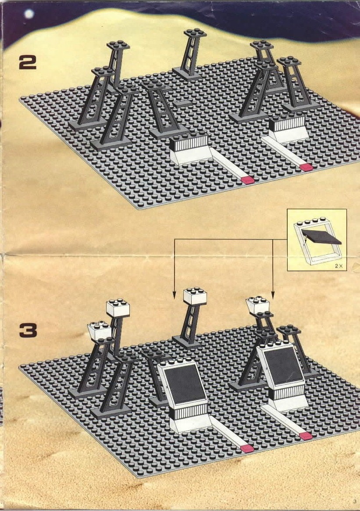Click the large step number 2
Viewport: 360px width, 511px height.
click(28, 62)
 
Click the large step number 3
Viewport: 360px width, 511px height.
click(28, 330)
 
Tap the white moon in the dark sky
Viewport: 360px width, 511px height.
click(29, 14)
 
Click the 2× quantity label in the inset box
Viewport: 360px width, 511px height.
click(339, 266)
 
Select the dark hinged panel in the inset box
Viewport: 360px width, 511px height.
click(321, 236)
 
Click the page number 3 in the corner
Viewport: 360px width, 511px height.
click(354, 501)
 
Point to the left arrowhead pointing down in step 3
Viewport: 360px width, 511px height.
click(174, 295)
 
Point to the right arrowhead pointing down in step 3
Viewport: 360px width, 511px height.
click(273, 295)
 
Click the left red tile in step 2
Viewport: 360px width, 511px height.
click(248, 180)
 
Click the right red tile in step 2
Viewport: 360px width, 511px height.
click(306, 168)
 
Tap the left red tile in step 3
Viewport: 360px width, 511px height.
click(246, 449)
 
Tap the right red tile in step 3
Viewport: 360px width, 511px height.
click(306, 436)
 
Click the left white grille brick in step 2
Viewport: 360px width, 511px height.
click(189, 143)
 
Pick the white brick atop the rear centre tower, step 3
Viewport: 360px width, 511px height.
click(195, 296)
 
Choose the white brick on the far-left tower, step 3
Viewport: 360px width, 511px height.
click(99, 330)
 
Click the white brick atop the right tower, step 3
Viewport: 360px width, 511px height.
click(258, 305)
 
